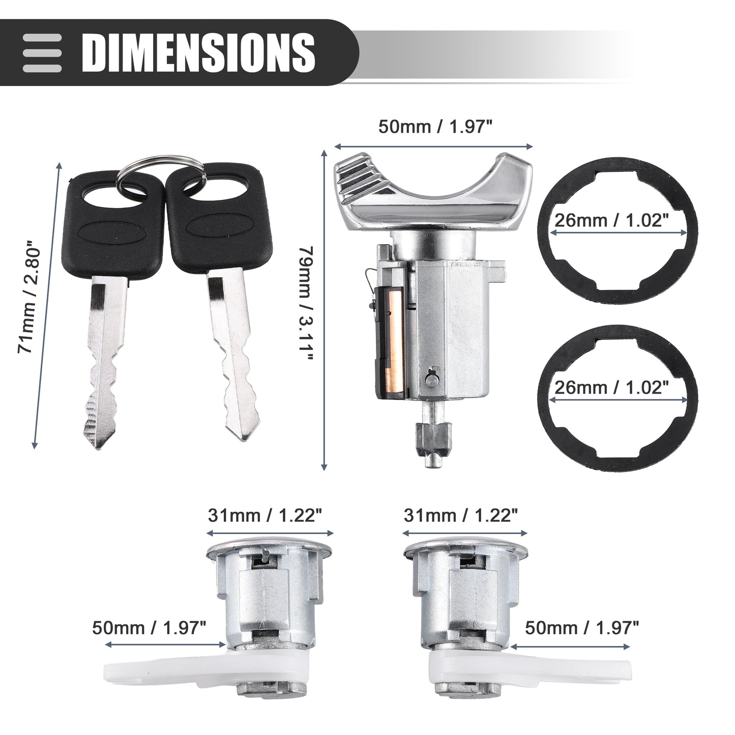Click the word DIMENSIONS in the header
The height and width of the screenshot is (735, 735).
pos(198,52)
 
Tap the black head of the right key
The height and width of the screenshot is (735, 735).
pos(220,217)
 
